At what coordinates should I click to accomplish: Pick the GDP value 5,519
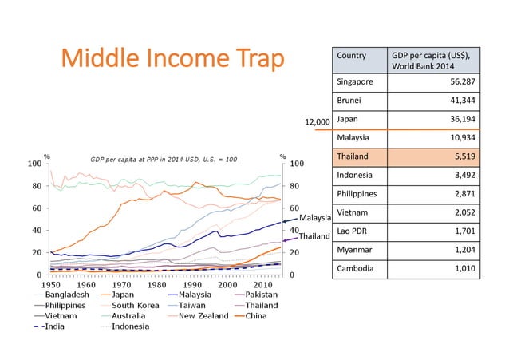pos(462,156)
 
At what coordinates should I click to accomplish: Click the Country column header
pos(352,56)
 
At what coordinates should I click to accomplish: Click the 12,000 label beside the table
pos(318,123)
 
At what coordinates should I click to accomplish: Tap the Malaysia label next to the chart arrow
pos(315,218)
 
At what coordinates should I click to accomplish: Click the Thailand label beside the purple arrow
pos(314,236)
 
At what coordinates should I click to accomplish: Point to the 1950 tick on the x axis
pos(51,285)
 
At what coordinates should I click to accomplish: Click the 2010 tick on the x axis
pos(261,285)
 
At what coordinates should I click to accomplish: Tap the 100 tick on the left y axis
pos(34,164)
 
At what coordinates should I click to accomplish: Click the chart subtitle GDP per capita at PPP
pos(163,158)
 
